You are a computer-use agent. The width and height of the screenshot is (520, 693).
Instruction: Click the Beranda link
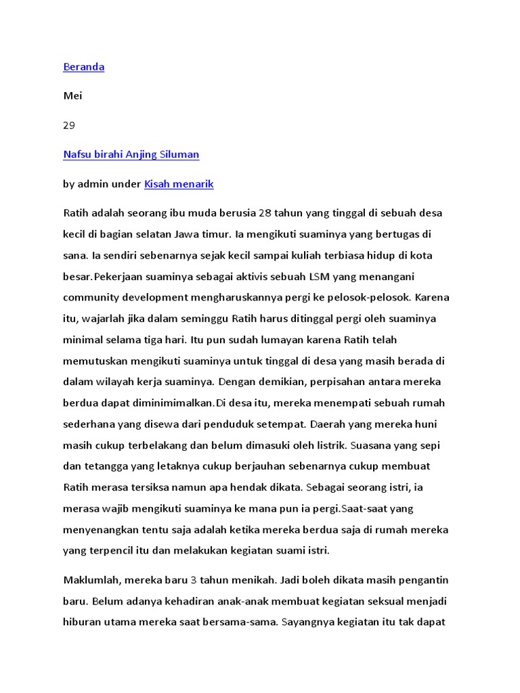click(x=83, y=67)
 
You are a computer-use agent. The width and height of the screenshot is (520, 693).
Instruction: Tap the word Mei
click(x=72, y=96)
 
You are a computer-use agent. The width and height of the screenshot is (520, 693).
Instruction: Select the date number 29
click(x=69, y=125)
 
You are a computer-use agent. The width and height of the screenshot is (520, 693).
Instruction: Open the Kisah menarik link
click(x=179, y=183)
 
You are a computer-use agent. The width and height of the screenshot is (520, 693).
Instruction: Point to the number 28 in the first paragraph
click(x=265, y=213)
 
